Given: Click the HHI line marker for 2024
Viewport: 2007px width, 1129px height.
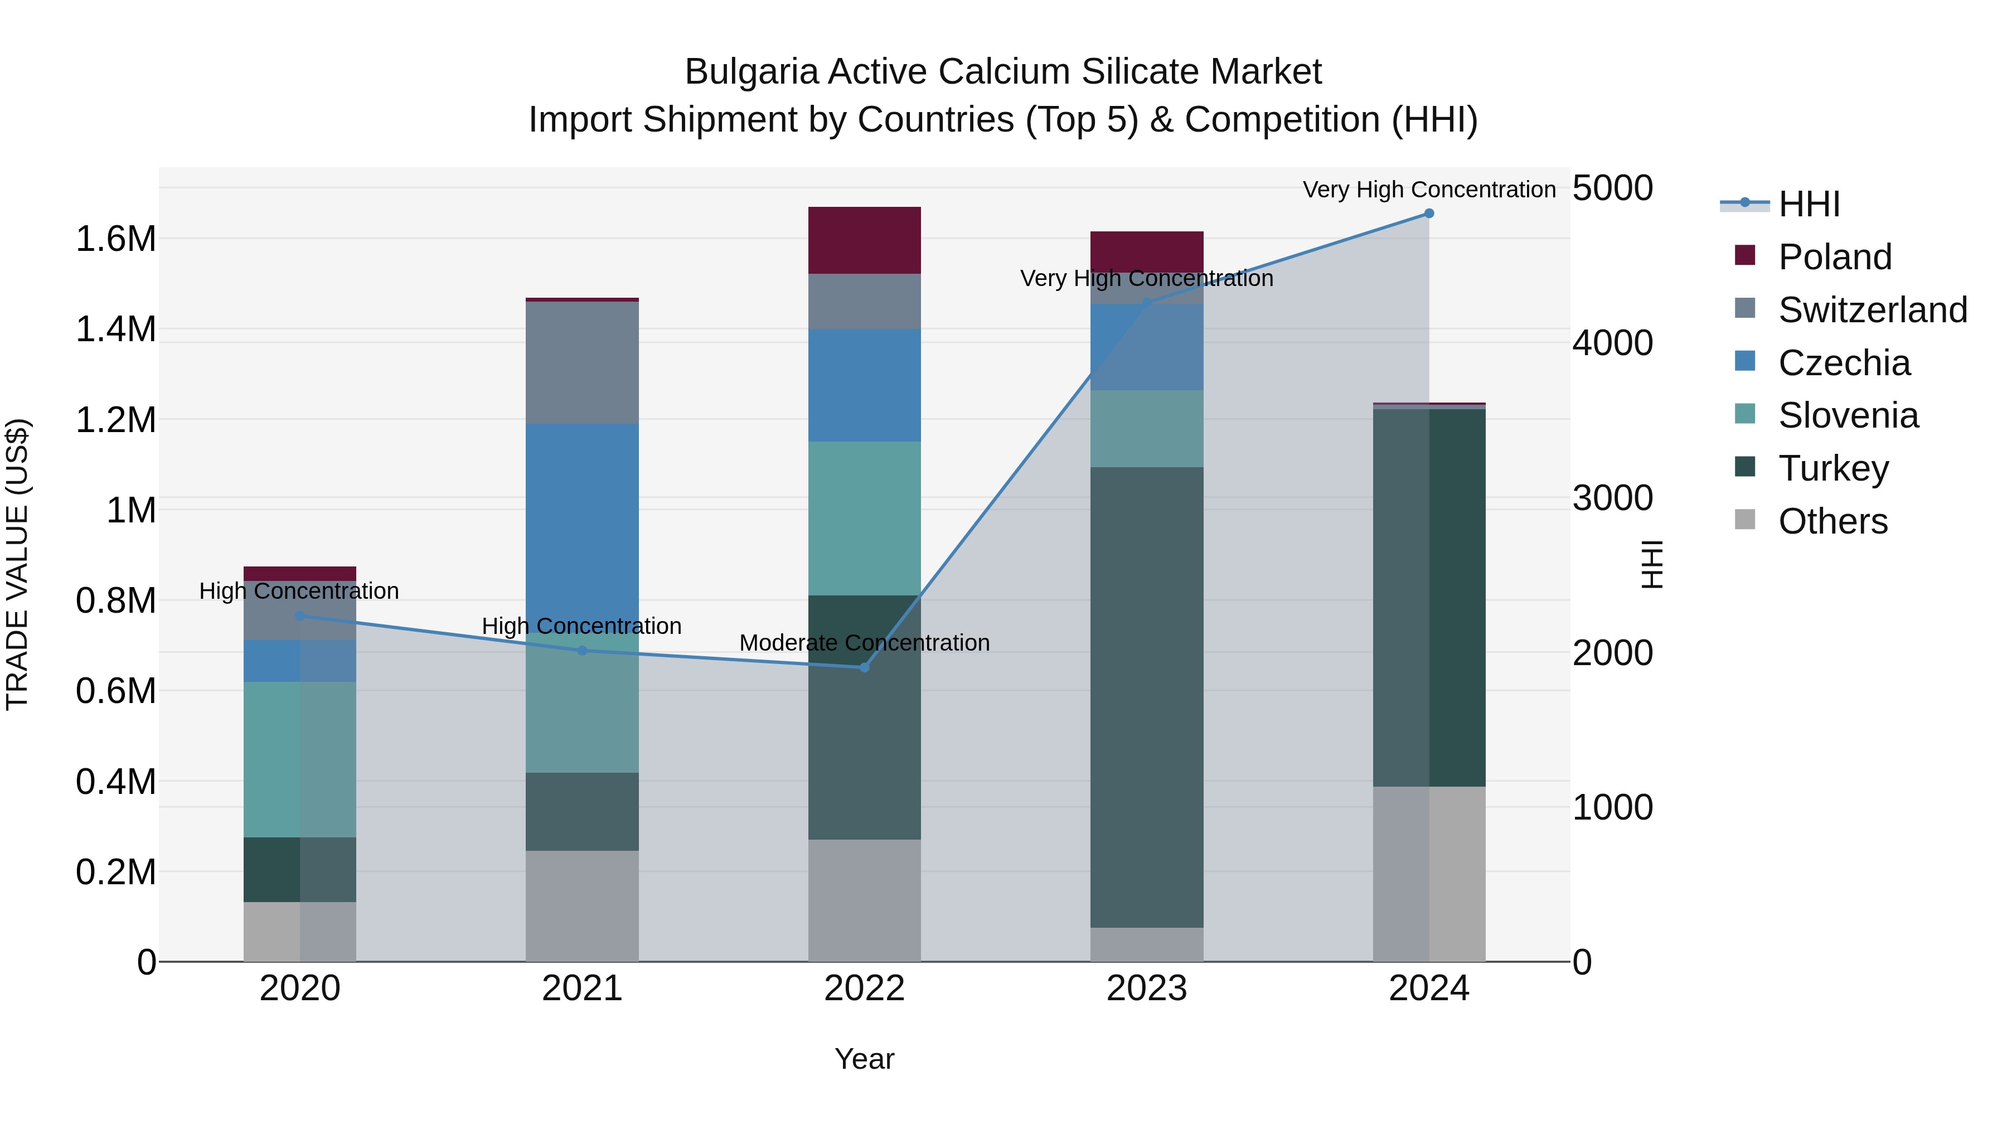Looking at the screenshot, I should (x=1428, y=214).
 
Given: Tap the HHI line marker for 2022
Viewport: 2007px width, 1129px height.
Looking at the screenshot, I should (x=864, y=668).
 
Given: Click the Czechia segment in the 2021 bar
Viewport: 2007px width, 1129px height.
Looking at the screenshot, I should (x=582, y=522).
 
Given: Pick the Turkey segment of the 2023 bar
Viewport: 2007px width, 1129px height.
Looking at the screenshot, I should (x=1146, y=697).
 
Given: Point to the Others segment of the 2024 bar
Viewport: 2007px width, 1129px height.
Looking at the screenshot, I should (x=1428, y=874).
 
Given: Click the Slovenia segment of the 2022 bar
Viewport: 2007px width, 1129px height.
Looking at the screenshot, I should (x=864, y=518).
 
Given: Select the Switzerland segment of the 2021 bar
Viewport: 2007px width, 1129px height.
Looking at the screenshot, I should (x=582, y=362).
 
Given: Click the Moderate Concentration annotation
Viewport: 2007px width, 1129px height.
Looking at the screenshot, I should (x=864, y=643).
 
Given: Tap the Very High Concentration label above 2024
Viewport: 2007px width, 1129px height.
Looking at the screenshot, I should (x=1428, y=190).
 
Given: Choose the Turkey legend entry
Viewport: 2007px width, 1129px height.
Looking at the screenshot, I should (x=1833, y=468).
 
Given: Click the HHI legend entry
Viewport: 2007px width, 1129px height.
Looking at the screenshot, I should (x=1809, y=204).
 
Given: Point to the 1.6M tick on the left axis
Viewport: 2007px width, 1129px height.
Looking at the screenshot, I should (x=115, y=239).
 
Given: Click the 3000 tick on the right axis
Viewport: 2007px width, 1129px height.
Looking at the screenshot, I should (x=1612, y=498).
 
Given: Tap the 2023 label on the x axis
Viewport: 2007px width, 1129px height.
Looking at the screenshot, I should (x=1146, y=989).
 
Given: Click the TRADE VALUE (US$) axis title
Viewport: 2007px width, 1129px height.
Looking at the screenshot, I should (x=17, y=564).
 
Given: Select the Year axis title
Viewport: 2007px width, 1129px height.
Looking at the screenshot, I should (x=864, y=1059).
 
